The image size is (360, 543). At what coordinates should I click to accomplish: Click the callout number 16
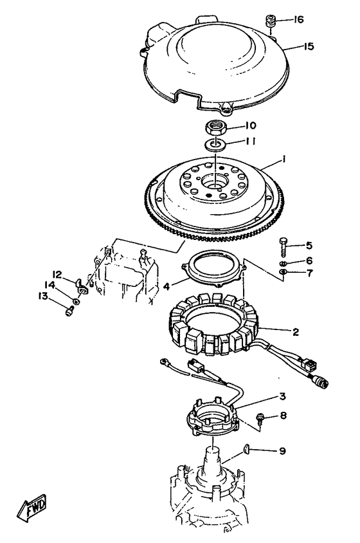click(x=298, y=19)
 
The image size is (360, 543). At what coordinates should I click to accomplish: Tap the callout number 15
click(x=309, y=46)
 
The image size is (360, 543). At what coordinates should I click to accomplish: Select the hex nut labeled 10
click(x=215, y=128)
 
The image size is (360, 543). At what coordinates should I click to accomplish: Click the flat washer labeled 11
click(x=215, y=143)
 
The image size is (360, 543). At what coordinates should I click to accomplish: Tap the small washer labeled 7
click(x=282, y=271)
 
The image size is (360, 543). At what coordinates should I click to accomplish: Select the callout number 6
click(x=309, y=261)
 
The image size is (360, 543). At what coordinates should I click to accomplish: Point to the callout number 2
click(x=295, y=332)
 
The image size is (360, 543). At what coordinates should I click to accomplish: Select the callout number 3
click(x=282, y=397)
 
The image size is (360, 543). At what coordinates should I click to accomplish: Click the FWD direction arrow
click(x=32, y=508)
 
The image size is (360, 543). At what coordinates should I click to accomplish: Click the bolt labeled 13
click(x=70, y=311)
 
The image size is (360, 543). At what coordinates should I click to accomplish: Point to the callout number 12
click(x=57, y=275)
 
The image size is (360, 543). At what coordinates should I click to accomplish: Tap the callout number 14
click(x=50, y=284)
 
